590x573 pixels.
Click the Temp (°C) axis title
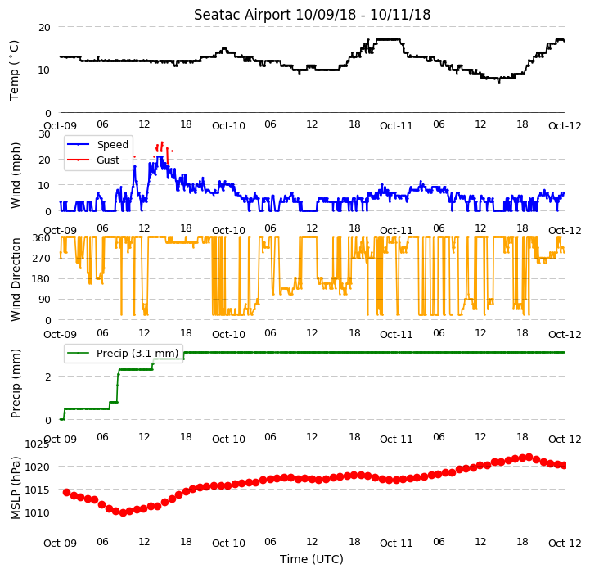tap(14, 70)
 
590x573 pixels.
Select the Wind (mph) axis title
tap(16, 175)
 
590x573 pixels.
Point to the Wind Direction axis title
tap(16, 279)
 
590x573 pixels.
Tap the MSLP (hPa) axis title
tap(16, 488)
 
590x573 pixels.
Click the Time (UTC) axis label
tap(312, 559)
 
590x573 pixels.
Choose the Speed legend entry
tap(98, 145)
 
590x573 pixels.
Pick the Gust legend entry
tap(93, 160)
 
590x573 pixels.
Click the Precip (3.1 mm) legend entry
tap(123, 353)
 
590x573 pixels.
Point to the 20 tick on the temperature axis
tap(44, 28)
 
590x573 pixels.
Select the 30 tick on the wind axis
tap(44, 134)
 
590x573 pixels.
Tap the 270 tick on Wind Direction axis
tap(42, 259)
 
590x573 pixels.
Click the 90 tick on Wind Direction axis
tap(44, 300)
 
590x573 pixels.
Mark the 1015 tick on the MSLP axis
tap(37, 490)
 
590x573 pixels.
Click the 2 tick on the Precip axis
tap(47, 377)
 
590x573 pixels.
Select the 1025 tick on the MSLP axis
tap(37, 444)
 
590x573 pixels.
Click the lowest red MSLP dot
tap(123, 512)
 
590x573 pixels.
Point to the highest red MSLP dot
tap(529, 458)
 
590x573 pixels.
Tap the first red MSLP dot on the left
tap(66, 493)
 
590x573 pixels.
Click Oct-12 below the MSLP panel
tap(565, 543)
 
